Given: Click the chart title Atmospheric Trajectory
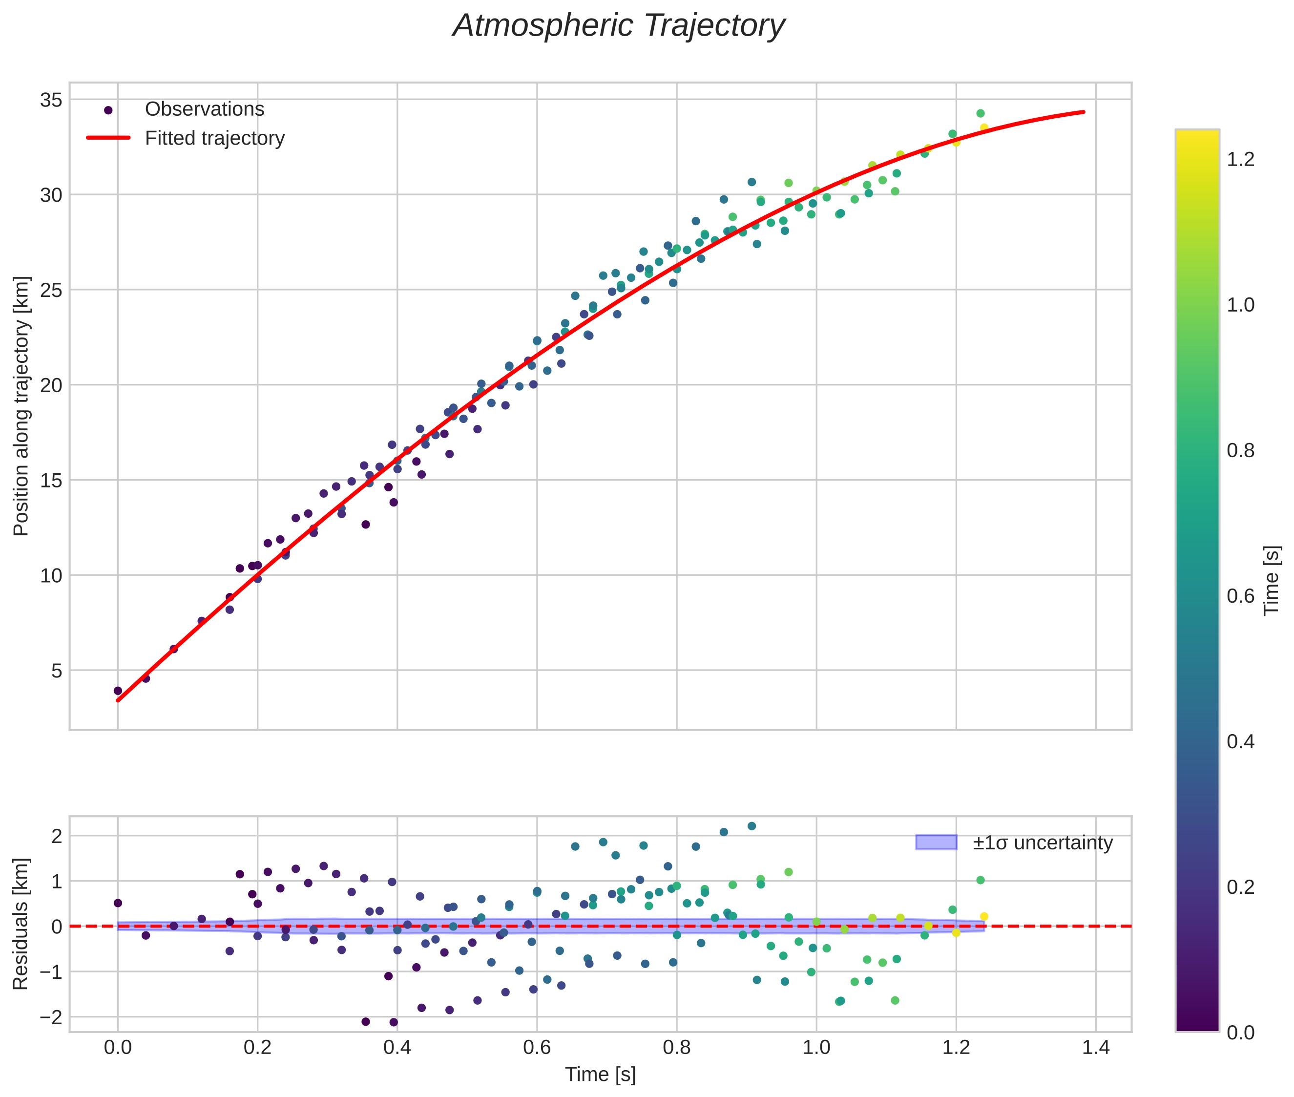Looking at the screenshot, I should coord(619,26).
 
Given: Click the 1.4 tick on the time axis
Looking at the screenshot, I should coord(1096,1048).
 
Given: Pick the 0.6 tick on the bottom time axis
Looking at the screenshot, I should coord(537,1048).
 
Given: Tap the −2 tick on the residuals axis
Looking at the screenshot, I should coord(51,1018).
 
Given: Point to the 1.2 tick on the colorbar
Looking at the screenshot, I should coord(1240,159).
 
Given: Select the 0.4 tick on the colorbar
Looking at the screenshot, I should coord(1240,741).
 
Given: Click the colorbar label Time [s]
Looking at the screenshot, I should coord(1271,580).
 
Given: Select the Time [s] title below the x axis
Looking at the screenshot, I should coord(600,1075).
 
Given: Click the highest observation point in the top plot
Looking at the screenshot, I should coord(980,113).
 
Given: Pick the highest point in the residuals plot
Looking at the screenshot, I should coord(751,826).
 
